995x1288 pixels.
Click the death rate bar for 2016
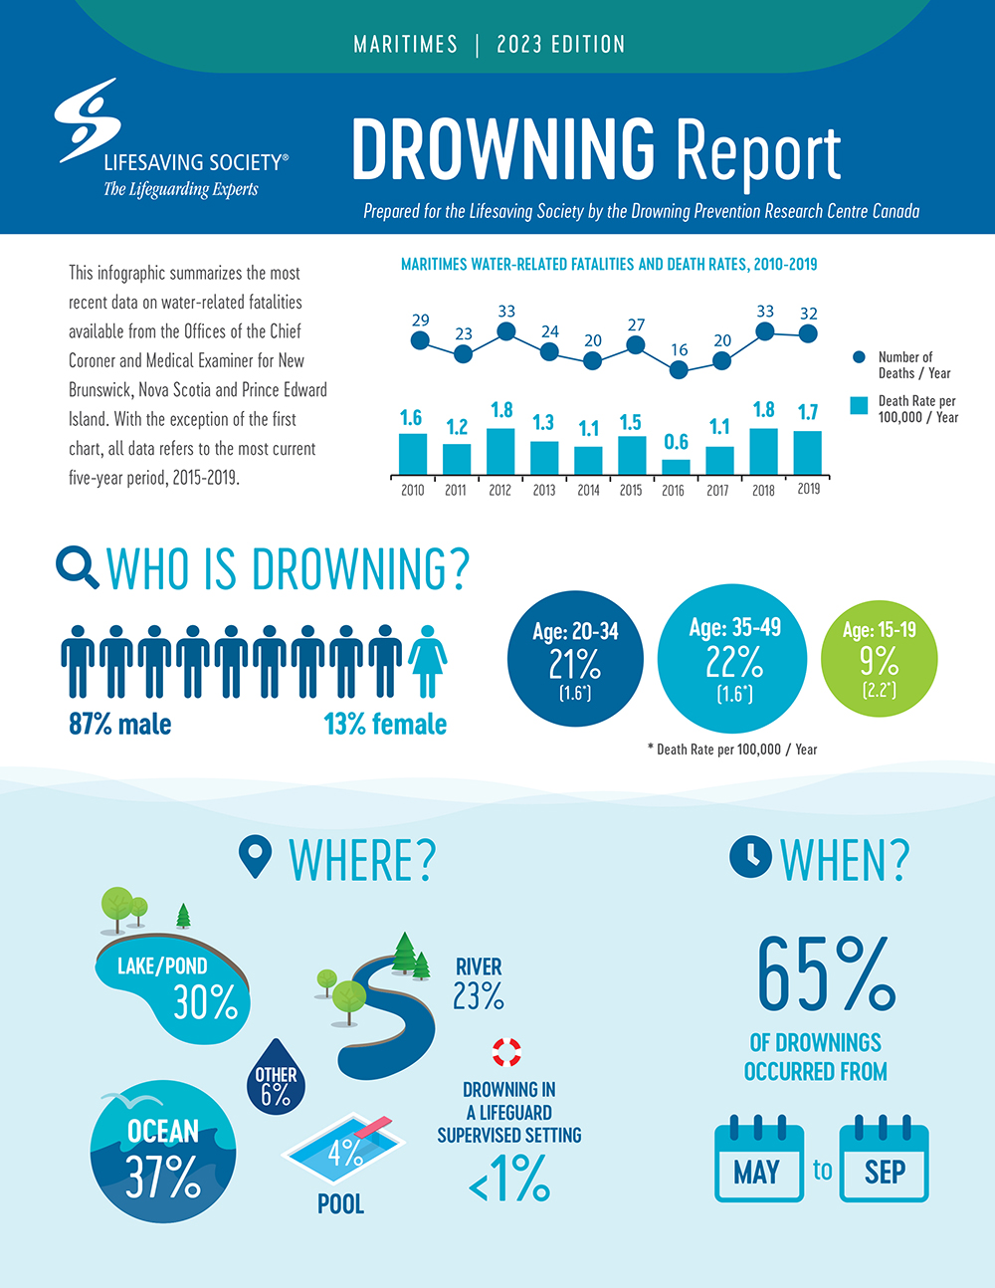[x=676, y=466]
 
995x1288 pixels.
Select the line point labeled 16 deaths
[x=679, y=369]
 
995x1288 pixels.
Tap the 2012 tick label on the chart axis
[x=499, y=490]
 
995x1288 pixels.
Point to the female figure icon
[x=428, y=660]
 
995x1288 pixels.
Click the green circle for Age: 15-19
[x=879, y=658]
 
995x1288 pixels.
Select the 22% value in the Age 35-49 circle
[x=734, y=661]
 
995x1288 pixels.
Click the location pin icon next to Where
[x=256, y=857]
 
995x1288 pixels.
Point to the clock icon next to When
[x=750, y=857]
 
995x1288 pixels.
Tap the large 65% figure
[x=825, y=974]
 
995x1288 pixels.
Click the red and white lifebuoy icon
[x=506, y=1052]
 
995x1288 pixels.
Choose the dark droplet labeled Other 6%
[x=276, y=1078]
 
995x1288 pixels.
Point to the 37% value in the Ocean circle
[x=163, y=1179]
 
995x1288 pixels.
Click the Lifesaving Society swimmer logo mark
[x=88, y=118]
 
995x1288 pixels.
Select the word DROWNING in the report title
[x=502, y=150]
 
